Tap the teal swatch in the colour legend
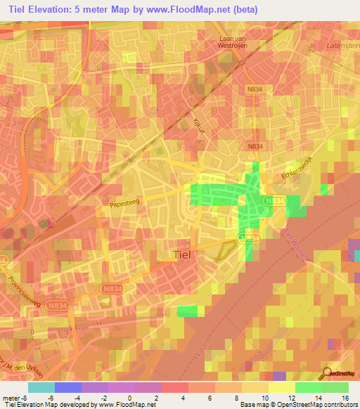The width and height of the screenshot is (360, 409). (x=41, y=387)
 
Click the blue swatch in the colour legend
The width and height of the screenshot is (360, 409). (x=68, y=387)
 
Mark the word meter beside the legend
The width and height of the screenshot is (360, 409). (x=10, y=397)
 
